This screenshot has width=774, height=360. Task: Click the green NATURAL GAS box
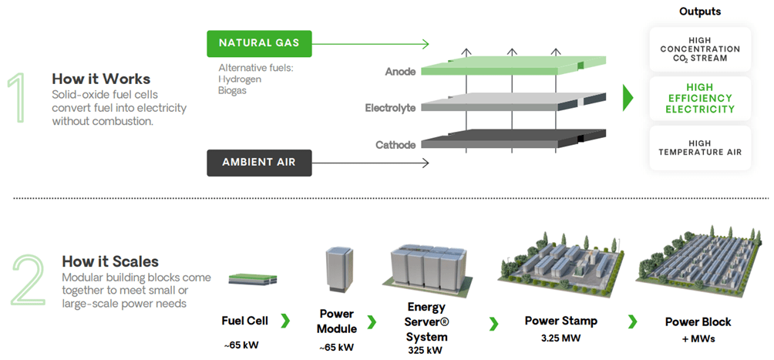click(258, 43)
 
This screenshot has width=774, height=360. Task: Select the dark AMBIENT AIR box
click(258, 163)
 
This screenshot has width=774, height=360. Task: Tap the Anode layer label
click(400, 72)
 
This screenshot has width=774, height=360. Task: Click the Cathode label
click(395, 145)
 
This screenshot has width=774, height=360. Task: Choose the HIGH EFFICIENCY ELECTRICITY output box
click(700, 98)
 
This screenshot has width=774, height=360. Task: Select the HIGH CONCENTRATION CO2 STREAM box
click(700, 49)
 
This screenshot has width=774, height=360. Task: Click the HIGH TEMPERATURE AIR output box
click(700, 147)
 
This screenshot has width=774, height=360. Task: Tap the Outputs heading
click(700, 12)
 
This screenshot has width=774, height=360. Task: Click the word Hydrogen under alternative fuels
click(240, 79)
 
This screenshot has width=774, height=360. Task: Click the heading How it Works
click(101, 79)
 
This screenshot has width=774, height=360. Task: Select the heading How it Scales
click(110, 262)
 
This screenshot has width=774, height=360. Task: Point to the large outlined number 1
click(22, 99)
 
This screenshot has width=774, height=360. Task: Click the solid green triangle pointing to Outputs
click(628, 97)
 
